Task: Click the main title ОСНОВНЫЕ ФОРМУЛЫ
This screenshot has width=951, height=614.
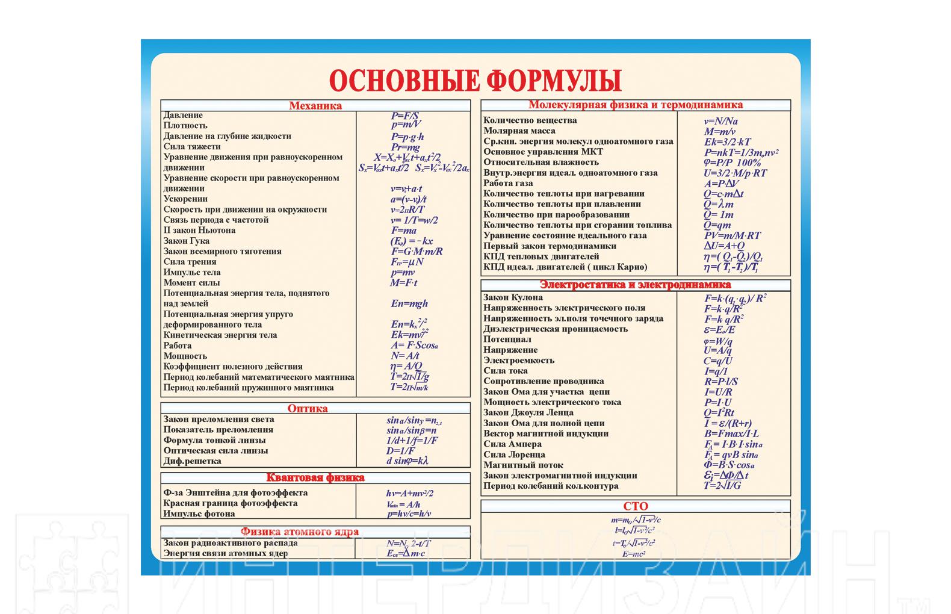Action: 475,80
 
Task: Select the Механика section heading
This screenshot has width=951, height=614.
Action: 315,105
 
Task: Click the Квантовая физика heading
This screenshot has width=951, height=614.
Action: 315,478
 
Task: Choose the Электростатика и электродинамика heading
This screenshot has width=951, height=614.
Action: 635,285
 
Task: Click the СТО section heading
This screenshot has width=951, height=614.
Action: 636,506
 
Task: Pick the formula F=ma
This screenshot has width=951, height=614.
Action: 403,231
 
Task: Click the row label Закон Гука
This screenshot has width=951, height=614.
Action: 187,241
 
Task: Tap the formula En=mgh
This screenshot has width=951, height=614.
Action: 409,304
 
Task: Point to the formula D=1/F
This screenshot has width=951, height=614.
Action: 401,451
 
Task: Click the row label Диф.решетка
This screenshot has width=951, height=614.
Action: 193,461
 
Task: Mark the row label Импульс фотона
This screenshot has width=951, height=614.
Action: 199,513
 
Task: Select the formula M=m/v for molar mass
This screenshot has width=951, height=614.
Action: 719,131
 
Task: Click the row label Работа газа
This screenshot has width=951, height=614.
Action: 508,183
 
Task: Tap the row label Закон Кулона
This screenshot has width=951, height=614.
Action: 513,297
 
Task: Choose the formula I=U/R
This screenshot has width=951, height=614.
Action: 717,392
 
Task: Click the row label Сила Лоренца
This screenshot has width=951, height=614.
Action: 514,454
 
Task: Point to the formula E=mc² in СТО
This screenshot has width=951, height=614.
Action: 634,554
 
